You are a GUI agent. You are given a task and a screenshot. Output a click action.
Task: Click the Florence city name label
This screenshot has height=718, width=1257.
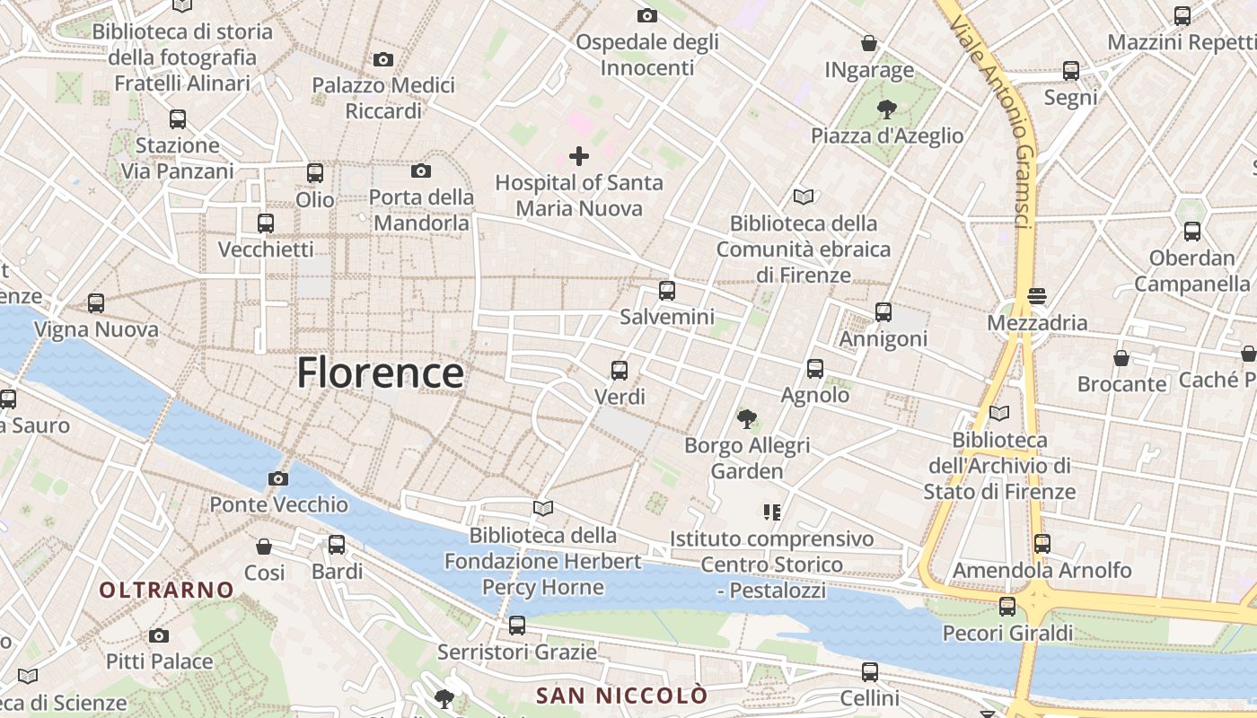[380, 372]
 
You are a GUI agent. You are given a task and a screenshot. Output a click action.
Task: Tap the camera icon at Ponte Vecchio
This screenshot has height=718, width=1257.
[278, 478]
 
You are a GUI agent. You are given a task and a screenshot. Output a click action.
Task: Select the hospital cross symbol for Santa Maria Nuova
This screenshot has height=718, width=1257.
[579, 156]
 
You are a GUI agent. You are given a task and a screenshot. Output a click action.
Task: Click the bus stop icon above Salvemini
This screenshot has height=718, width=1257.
[666, 290]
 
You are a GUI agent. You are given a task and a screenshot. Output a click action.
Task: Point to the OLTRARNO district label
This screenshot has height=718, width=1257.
[167, 590]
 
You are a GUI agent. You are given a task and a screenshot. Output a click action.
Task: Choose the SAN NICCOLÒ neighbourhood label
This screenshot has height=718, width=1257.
[621, 695]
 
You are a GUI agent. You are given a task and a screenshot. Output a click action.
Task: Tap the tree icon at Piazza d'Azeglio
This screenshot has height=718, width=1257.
[886, 109]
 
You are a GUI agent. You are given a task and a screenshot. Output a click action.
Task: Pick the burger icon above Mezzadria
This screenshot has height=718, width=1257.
[1037, 296]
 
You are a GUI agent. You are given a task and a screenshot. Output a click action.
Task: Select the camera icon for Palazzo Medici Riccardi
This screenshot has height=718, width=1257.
[383, 59]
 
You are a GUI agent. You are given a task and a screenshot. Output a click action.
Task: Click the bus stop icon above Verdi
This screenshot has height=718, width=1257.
[619, 370]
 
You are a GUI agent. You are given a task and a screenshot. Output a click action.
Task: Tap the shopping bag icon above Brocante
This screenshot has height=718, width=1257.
[1121, 358]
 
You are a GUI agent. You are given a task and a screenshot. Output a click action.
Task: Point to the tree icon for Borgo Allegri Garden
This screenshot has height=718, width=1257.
[746, 418]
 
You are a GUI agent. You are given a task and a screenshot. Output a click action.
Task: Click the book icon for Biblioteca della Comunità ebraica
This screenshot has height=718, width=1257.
[803, 197]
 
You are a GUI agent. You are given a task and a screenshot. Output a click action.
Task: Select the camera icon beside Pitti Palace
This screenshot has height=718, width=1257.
[159, 635]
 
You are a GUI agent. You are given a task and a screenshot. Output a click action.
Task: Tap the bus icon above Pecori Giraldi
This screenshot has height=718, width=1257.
[1007, 607]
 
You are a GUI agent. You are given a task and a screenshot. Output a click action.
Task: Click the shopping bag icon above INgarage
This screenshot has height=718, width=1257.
[868, 43]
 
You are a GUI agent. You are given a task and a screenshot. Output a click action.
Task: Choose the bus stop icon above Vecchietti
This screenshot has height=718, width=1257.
[265, 223]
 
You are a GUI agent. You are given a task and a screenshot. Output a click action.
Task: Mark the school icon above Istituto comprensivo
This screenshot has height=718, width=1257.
[771, 512]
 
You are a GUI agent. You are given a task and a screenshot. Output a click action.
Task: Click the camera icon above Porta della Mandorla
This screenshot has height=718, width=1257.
[420, 171]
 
